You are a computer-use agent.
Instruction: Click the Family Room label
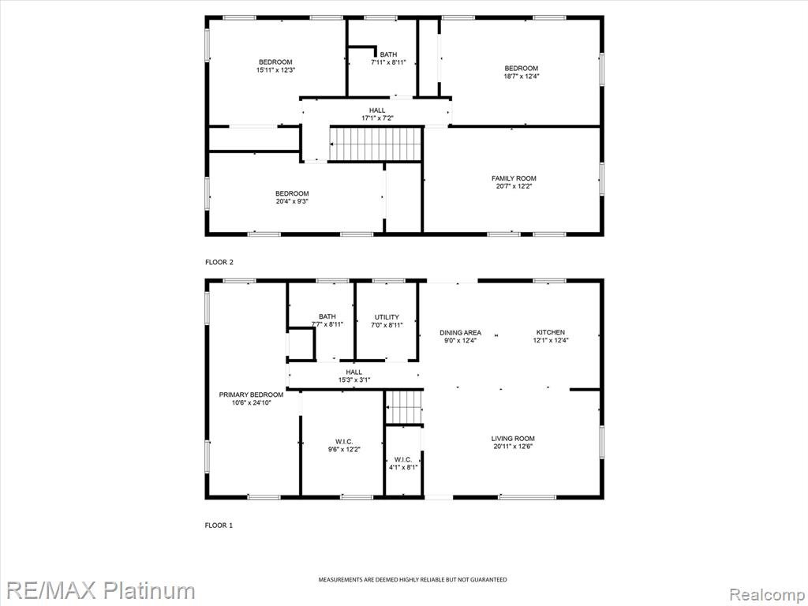pyautogui.click(x=514, y=178)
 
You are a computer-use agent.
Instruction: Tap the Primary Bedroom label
pyautogui.click(x=251, y=395)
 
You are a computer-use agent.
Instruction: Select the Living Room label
pyautogui.click(x=513, y=439)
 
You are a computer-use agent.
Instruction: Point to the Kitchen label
pyautogui.click(x=550, y=332)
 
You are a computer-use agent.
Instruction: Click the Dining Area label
pyautogui.click(x=460, y=332)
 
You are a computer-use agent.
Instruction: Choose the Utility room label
pyautogui.click(x=387, y=317)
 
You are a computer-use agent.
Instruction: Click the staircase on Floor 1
pyautogui.click(x=404, y=407)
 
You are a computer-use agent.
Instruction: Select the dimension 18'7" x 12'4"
pyautogui.click(x=521, y=77)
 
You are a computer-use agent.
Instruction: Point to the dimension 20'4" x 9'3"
pyautogui.click(x=292, y=201)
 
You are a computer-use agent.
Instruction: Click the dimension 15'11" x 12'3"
pyautogui.click(x=275, y=70)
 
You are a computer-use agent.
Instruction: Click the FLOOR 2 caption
pyautogui.click(x=219, y=262)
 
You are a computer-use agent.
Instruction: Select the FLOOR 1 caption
pyautogui.click(x=219, y=526)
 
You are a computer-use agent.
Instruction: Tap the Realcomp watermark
pyautogui.click(x=767, y=594)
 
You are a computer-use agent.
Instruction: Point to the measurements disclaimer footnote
pyautogui.click(x=412, y=580)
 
